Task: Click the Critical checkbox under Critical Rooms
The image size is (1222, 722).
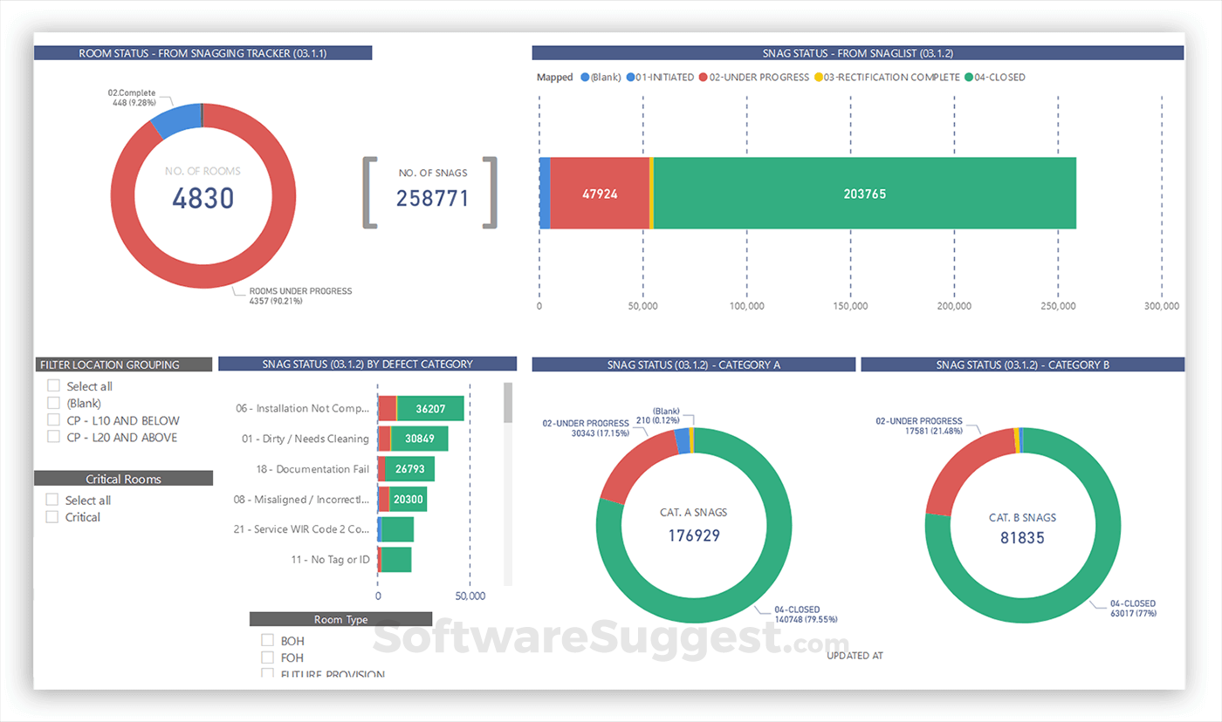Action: (52, 517)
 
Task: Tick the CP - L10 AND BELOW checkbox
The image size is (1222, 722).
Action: (54, 420)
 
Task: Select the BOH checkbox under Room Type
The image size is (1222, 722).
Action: (268, 641)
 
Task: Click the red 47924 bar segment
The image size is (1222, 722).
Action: (600, 194)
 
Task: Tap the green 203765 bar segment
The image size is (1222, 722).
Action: (864, 194)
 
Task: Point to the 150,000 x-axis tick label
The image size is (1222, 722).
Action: (850, 307)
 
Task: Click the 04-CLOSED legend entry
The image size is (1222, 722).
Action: (995, 78)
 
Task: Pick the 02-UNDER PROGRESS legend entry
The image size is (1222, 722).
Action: (753, 78)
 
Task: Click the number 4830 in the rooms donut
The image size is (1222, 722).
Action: (203, 199)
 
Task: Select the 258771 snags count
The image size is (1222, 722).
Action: (432, 199)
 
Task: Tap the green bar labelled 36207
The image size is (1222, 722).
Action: (430, 408)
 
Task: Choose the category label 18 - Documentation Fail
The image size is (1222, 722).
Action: (312, 469)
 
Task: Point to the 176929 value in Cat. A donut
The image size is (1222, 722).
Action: (694, 535)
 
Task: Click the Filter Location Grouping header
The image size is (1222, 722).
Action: (122, 364)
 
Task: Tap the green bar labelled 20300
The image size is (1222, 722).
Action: (408, 500)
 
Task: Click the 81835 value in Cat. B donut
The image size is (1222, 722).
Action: (1022, 538)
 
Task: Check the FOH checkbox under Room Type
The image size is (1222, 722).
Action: (268, 657)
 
